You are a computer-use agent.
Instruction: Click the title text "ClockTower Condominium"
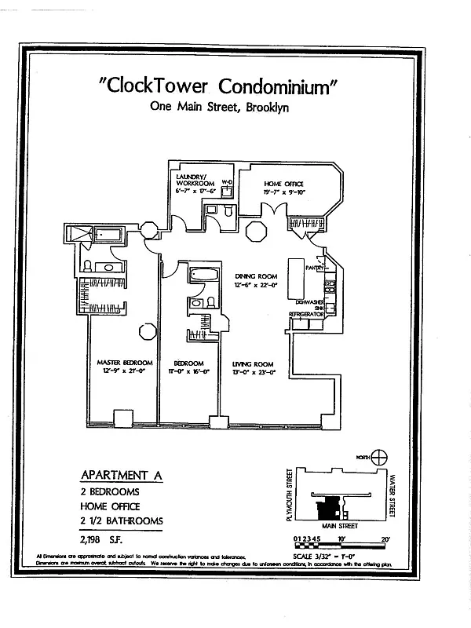pyautogui.click(x=219, y=85)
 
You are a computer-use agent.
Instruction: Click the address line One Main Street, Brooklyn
pyautogui.click(x=219, y=108)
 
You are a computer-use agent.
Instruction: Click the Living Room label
pyautogui.click(x=253, y=363)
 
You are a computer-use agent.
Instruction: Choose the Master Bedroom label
pyautogui.click(x=119, y=363)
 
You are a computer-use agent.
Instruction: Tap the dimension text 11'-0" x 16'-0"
pyautogui.click(x=188, y=372)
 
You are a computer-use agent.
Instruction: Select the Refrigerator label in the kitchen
pyautogui.click(x=306, y=314)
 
